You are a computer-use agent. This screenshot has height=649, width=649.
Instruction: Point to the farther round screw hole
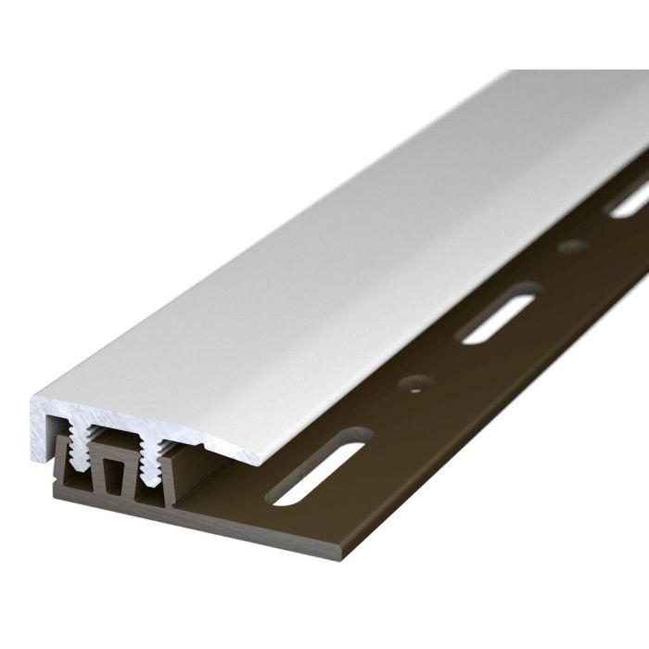(x=572, y=247)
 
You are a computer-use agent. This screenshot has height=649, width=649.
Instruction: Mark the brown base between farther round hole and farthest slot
(x=598, y=227)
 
